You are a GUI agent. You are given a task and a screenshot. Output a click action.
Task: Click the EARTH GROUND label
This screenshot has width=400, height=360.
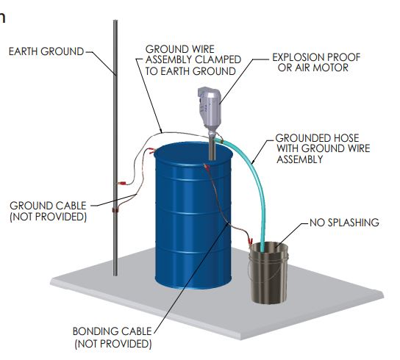coord(46,51)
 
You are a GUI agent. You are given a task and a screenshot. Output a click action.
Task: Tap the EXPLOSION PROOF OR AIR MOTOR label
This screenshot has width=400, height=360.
coord(316,62)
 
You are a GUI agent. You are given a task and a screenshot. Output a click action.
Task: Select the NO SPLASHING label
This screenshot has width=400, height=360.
coord(344,223)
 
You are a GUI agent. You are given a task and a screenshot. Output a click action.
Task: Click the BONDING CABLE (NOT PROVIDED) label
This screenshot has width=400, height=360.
coord(113,337)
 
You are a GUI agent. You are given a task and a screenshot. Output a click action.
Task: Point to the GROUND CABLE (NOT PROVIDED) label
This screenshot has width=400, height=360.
coord(49,211)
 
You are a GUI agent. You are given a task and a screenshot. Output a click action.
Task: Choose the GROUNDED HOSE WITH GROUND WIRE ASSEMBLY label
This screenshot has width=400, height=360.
coord(323,148)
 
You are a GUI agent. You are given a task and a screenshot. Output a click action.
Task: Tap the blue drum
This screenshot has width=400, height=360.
coord(193,217)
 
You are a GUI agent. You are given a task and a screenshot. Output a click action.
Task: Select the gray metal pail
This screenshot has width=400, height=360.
coord(268,273)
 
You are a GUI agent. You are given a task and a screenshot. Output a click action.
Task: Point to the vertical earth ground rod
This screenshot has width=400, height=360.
coord(115,148)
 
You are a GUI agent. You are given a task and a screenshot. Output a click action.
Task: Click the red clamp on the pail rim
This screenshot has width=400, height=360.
coord(250,240)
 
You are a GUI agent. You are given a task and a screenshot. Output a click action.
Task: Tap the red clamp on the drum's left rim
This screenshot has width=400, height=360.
coord(151,151)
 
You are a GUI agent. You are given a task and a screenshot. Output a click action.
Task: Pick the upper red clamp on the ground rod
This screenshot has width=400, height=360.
coord(121,184)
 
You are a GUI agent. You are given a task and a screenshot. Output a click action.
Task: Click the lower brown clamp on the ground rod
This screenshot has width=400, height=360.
coord(115,210)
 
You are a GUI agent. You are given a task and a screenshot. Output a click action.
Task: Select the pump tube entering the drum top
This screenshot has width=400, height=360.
coord(212,147)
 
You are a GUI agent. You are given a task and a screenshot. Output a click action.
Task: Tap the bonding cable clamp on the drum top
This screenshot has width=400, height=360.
coord(207,168)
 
